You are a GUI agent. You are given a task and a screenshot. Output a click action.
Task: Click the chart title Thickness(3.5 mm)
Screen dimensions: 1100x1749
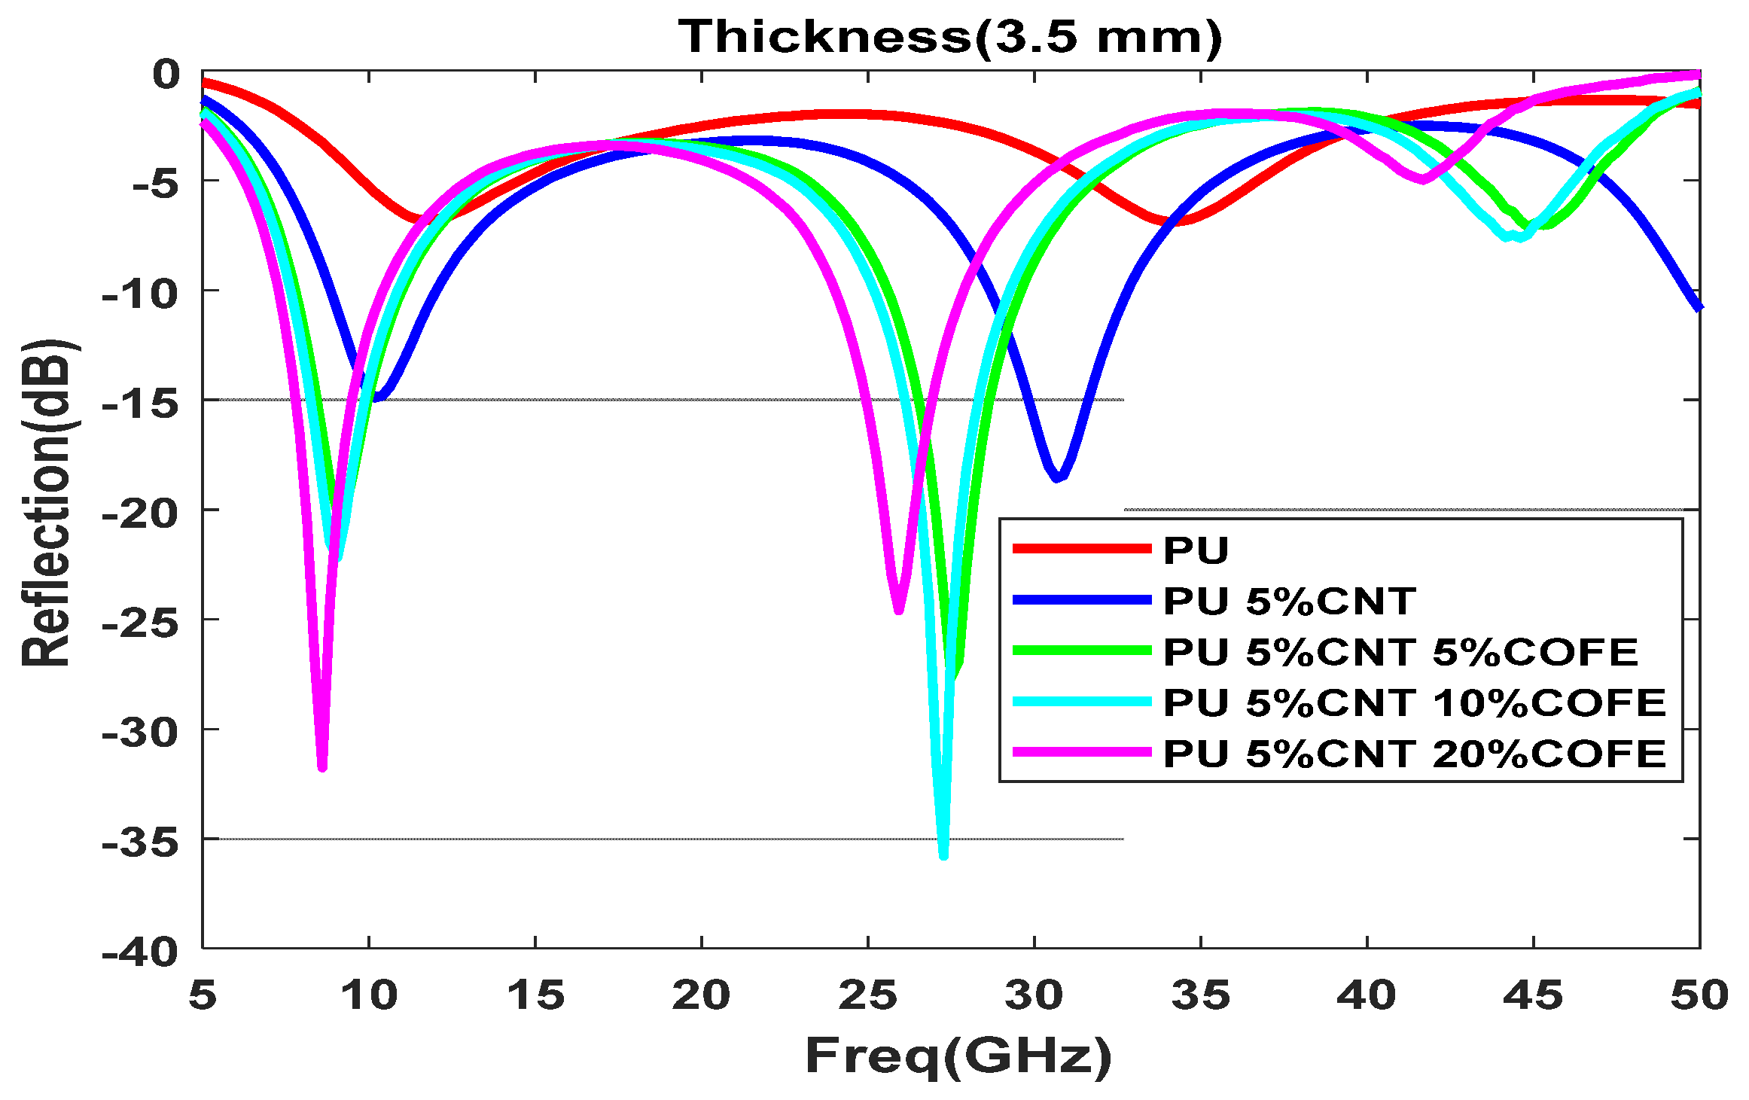coord(950,36)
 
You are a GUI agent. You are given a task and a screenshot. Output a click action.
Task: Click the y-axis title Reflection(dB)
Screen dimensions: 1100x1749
coord(47,503)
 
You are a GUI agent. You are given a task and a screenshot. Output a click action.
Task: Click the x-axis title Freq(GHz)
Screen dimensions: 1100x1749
coord(958,1056)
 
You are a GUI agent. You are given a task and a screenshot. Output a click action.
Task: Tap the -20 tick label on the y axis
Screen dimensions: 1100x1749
coord(142,514)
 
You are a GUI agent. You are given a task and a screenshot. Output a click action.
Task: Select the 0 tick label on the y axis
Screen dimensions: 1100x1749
coord(166,75)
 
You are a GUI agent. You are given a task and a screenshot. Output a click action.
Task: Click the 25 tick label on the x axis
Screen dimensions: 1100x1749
coord(868,995)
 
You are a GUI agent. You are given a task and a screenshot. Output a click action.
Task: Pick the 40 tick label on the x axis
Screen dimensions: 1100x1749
coord(1367,995)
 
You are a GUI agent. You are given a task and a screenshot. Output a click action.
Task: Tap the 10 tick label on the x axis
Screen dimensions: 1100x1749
coord(369,995)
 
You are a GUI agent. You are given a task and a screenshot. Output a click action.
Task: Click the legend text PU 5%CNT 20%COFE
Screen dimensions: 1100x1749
coord(1414,754)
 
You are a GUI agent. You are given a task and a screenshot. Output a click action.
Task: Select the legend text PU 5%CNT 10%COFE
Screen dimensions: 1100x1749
coord(1414,702)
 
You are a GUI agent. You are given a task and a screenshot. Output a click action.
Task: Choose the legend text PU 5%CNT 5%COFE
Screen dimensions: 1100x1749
coord(1400,651)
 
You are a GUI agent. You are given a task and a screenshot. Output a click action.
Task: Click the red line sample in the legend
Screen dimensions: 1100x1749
coord(1082,549)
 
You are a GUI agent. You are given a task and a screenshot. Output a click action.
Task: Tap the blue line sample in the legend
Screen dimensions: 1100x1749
coord(1082,600)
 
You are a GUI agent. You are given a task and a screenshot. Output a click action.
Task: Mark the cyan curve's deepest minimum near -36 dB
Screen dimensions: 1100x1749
coord(943,855)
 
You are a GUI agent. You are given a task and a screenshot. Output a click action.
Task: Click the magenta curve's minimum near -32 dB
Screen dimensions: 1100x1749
coord(322,767)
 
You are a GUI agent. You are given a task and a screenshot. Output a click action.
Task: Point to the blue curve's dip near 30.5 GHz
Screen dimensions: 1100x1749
coord(1058,477)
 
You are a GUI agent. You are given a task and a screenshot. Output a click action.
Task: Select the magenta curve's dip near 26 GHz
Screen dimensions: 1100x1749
coord(898,611)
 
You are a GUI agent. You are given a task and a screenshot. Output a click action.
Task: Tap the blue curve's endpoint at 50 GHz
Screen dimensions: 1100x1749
coord(1699,307)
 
